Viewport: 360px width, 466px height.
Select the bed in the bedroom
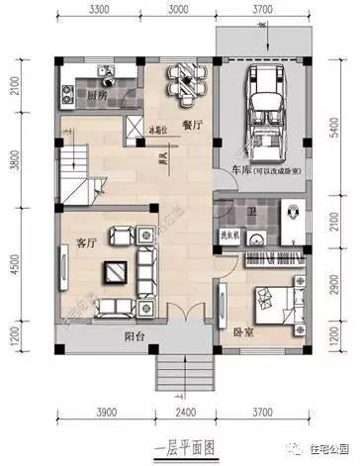[x=279, y=297]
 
